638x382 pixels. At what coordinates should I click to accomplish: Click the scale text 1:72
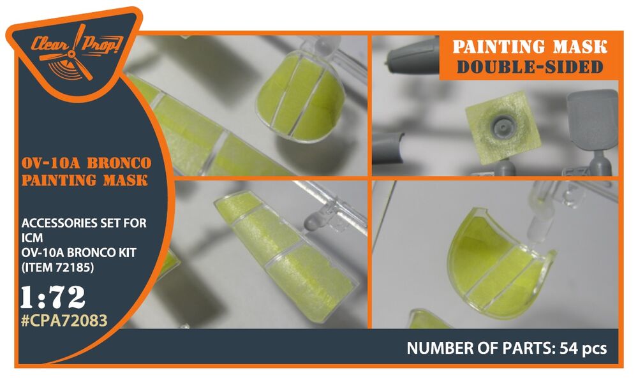coord(54,297)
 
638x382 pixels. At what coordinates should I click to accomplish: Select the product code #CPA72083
coord(64,321)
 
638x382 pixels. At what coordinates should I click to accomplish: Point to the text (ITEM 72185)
coord(57,267)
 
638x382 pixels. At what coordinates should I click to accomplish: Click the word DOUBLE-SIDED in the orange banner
coord(530,67)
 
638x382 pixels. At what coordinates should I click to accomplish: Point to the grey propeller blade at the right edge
coord(592,118)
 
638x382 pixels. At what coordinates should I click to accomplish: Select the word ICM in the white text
coord(32,238)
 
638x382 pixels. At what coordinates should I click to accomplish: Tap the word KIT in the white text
coord(125,253)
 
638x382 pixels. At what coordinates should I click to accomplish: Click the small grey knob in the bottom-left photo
coord(313,222)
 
